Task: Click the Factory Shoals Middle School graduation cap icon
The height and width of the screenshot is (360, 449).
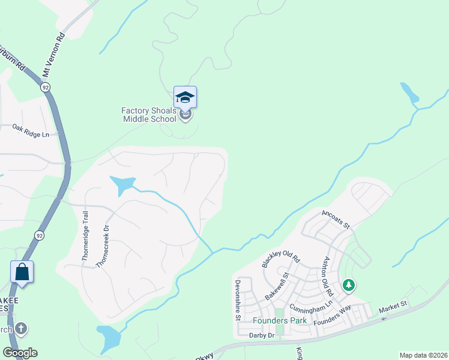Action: coord(185,97)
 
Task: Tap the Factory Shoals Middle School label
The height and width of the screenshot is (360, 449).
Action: coord(149,114)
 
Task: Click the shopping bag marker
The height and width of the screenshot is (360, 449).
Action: coord(22,272)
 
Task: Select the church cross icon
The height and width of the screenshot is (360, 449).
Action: coord(21,328)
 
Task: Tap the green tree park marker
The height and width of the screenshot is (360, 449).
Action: coord(348,285)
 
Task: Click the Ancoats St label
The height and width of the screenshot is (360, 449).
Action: coord(336,219)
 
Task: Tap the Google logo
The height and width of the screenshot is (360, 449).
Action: coord(20,353)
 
